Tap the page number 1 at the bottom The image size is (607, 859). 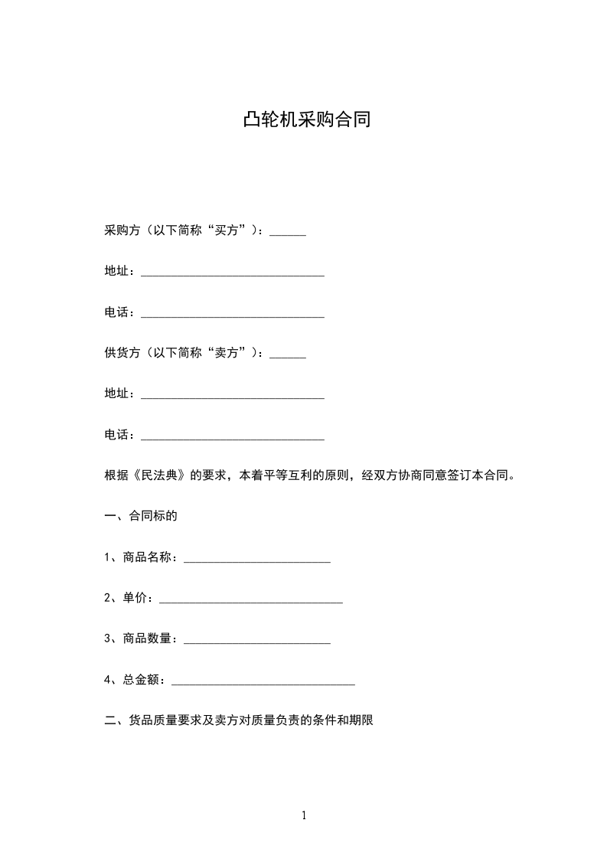[x=304, y=815]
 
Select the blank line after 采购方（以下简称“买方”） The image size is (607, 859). [x=288, y=233]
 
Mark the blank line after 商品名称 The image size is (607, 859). [x=257, y=560]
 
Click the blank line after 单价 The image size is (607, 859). [x=250, y=601]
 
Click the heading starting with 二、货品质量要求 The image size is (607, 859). [x=238, y=720]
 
